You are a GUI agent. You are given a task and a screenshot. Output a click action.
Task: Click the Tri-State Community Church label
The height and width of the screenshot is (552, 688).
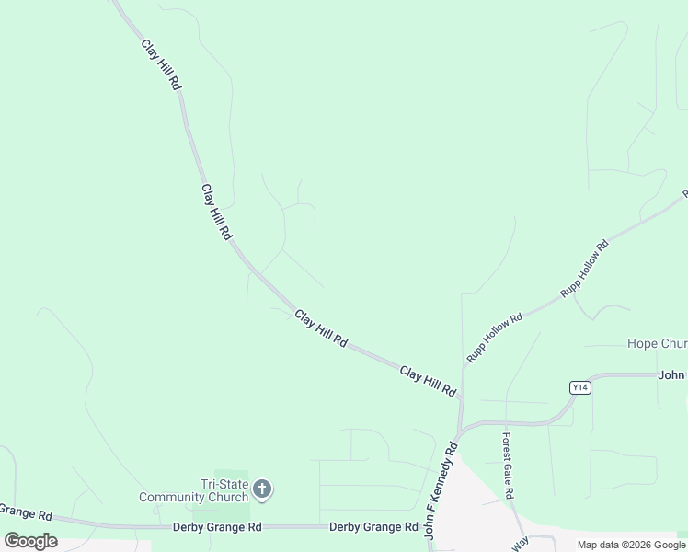[x=193, y=490]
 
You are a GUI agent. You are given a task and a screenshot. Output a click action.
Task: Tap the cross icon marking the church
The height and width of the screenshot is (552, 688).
[x=262, y=489]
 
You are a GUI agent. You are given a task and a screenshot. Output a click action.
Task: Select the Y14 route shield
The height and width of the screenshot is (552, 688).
[x=579, y=387]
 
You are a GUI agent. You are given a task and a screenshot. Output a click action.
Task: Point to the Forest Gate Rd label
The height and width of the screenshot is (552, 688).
[x=507, y=466]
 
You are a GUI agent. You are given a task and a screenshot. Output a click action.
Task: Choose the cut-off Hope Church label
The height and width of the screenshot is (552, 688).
[x=657, y=343]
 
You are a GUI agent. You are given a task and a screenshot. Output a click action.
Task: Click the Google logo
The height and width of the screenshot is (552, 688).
[x=30, y=541]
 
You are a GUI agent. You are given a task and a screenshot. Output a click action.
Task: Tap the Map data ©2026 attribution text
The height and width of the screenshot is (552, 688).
[x=632, y=545]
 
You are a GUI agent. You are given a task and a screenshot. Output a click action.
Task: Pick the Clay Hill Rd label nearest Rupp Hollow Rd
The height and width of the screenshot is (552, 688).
[x=428, y=381]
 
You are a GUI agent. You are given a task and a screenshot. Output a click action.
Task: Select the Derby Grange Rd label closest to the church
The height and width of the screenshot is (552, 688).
[x=217, y=527]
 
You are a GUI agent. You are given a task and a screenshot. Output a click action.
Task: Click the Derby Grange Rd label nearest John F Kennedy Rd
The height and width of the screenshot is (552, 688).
[x=373, y=527]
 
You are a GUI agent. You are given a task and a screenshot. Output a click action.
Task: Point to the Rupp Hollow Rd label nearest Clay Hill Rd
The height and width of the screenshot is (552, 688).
[x=494, y=338]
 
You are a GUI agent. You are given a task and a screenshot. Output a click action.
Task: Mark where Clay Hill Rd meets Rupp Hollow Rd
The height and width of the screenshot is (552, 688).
[x=462, y=400]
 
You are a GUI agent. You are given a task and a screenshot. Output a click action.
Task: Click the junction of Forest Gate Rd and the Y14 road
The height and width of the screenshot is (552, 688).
[x=505, y=423]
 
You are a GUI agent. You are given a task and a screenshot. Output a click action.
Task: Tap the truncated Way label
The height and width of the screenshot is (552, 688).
[x=521, y=544]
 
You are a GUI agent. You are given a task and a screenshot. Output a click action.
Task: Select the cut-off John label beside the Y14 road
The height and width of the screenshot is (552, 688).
[x=672, y=374]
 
